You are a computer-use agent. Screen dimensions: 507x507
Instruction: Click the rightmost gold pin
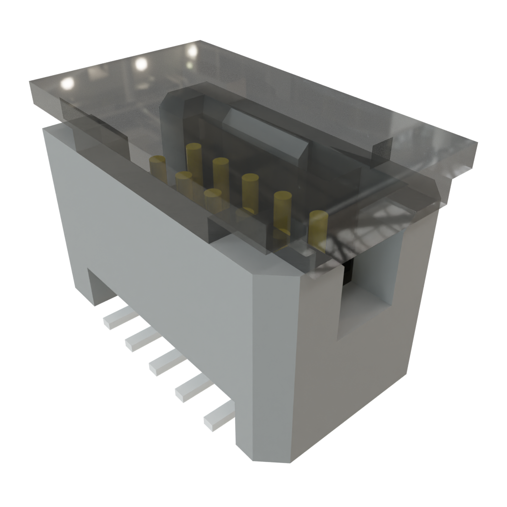point(318,229)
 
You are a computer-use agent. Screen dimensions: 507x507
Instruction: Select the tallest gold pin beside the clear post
point(194,158)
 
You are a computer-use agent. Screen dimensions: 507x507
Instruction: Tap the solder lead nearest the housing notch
point(115,317)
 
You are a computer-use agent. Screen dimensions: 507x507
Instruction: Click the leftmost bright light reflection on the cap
point(66,84)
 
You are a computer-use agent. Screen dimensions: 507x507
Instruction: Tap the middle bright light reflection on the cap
point(141,63)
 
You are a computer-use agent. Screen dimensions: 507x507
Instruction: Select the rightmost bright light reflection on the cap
point(192,51)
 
